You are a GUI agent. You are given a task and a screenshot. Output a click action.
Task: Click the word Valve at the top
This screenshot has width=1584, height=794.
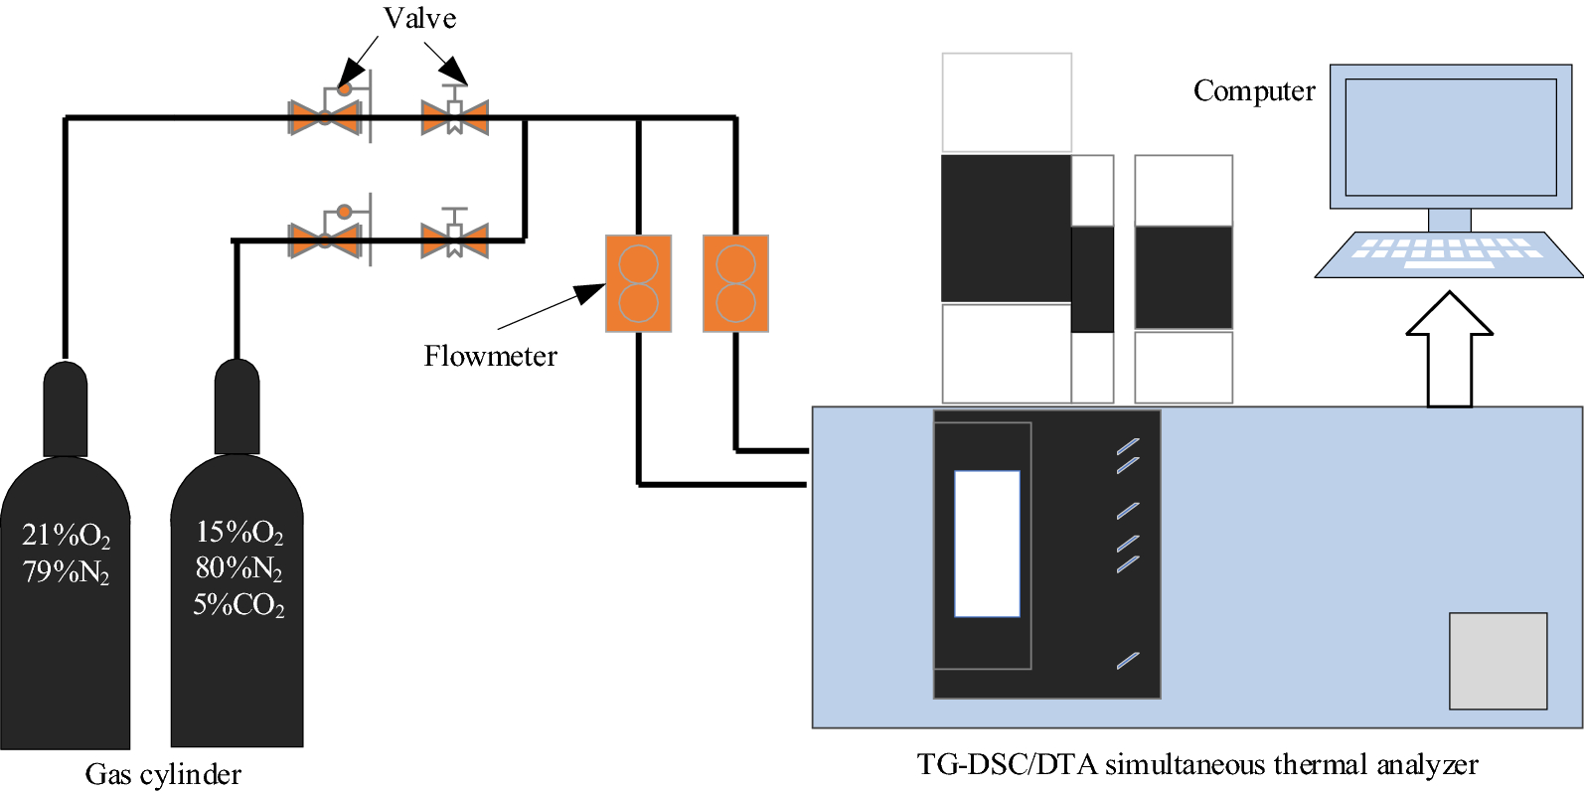point(419,18)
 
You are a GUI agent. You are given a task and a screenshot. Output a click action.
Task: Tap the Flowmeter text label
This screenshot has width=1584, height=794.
point(490,356)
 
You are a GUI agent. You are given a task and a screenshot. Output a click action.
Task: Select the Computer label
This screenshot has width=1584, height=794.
point(1253,90)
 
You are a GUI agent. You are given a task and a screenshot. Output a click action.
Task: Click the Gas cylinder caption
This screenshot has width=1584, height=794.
point(163,774)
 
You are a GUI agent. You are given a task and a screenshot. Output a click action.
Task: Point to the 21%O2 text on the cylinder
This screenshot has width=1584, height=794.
point(66,536)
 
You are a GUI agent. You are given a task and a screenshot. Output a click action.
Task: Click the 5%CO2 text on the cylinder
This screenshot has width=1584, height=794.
point(238,604)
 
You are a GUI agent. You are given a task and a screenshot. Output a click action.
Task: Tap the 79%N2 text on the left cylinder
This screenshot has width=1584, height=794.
point(66,571)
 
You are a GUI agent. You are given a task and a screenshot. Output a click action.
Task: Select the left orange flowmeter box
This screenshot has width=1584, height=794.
point(638,283)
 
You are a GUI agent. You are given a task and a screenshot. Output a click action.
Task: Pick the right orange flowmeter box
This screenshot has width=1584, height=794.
point(735,283)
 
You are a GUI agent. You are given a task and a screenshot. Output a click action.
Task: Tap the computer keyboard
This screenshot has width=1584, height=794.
point(1448,254)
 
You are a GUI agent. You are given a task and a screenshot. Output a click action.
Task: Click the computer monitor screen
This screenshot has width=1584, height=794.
point(1450,137)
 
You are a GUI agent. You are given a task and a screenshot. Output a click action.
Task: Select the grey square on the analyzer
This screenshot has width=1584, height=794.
point(1498,661)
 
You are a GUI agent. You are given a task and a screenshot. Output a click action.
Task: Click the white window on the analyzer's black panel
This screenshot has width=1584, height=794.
point(987,544)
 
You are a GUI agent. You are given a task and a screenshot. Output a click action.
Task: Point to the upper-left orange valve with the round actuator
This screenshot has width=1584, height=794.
point(325,117)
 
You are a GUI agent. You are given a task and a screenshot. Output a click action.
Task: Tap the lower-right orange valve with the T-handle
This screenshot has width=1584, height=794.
point(454,239)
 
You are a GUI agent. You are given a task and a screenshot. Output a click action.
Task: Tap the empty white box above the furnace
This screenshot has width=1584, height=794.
point(1006,102)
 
